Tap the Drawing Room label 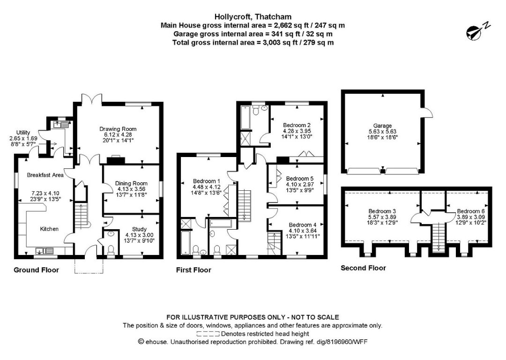pos(118,129)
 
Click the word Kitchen pos(49,229)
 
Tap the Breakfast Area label pos(45,175)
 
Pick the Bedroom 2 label pos(297,125)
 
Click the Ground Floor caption pos(36,270)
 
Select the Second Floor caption pos(363,268)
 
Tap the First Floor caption pos(193,270)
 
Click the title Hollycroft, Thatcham pos(253,16)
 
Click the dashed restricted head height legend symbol pos(208,334)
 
